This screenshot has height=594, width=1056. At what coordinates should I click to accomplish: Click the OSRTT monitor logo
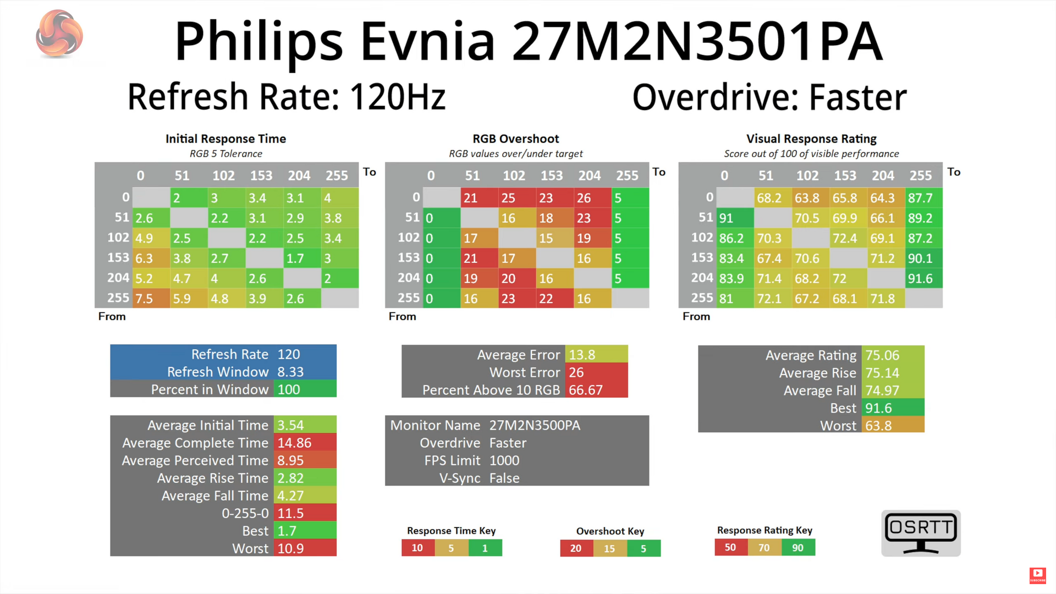921,533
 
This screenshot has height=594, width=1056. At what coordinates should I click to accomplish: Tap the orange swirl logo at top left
59,34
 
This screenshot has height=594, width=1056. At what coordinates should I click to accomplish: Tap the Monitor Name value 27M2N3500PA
535,425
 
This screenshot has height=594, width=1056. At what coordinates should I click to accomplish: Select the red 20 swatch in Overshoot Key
576,548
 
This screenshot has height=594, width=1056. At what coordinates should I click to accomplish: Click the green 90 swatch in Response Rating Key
798,548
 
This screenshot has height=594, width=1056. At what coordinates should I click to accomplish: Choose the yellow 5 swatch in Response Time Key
451,548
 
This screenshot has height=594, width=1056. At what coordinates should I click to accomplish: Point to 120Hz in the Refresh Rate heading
397,97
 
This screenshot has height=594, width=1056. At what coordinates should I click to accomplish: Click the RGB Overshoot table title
515,139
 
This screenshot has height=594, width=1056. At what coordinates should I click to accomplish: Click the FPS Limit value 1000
504,460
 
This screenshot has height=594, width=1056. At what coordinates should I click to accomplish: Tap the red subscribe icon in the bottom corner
1037,575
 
